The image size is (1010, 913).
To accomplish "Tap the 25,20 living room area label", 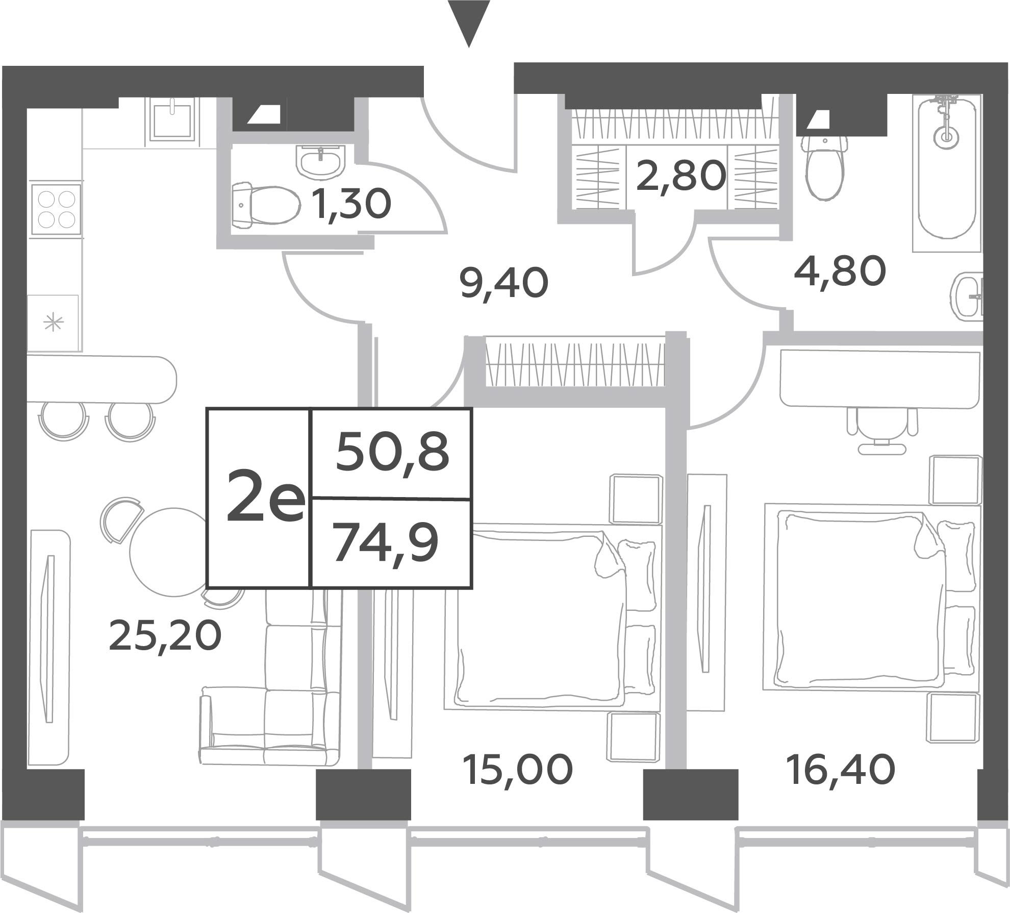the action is coord(165,635).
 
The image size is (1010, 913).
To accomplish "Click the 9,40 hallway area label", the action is coord(504,283).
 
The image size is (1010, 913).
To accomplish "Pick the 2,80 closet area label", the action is coord(681,175).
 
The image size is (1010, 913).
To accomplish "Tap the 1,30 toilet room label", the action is coord(352,204).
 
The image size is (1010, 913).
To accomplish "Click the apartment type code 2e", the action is coord(266,496).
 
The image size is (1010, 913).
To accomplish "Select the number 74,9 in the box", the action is coord(386,545).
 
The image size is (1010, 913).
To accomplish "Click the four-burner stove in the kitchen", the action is coord(56,209).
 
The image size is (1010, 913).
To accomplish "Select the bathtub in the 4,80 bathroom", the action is coord(947,173).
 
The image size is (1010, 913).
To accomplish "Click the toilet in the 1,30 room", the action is coord(265,205).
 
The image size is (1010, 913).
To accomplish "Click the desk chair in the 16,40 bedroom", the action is coord(882,430).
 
